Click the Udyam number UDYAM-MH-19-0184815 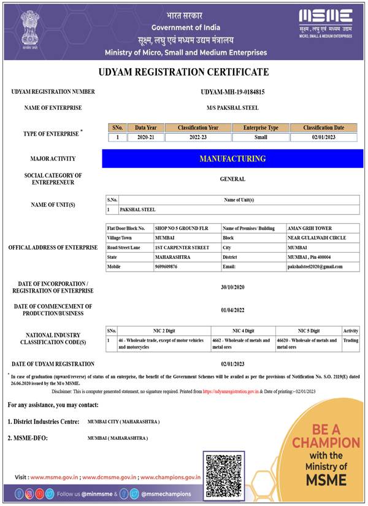232,92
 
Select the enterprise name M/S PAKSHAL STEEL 232,108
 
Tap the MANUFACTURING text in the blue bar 232,159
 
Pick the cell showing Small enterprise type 261,137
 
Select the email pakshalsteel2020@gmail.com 315,267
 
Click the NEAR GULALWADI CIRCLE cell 316,237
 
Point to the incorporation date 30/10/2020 232,288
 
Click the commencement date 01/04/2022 232,310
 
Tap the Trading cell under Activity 351,340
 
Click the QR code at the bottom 224,475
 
